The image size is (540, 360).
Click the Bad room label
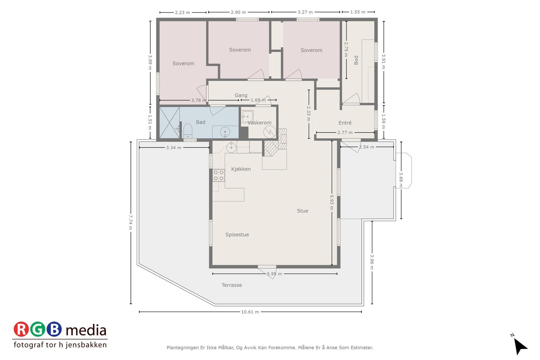(x=200, y=122)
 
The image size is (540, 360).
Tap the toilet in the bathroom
(x=188, y=131)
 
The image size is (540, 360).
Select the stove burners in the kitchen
(x=219, y=175)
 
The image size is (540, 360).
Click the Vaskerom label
(x=259, y=123)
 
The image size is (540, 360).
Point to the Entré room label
(x=345, y=123)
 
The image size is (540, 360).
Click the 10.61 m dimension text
(x=250, y=312)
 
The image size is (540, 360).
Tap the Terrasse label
(x=232, y=285)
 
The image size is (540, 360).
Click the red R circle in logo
(x=21, y=329)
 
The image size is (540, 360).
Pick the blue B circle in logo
(x=54, y=329)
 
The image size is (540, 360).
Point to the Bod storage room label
(x=356, y=60)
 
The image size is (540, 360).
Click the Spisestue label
(x=237, y=234)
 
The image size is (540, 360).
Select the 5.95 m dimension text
(x=274, y=274)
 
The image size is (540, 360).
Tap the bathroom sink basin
(x=225, y=132)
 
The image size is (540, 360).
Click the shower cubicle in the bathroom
(x=169, y=122)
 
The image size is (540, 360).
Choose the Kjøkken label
(x=241, y=169)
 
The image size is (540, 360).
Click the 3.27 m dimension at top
(x=305, y=12)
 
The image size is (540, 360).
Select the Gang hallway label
(x=241, y=95)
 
